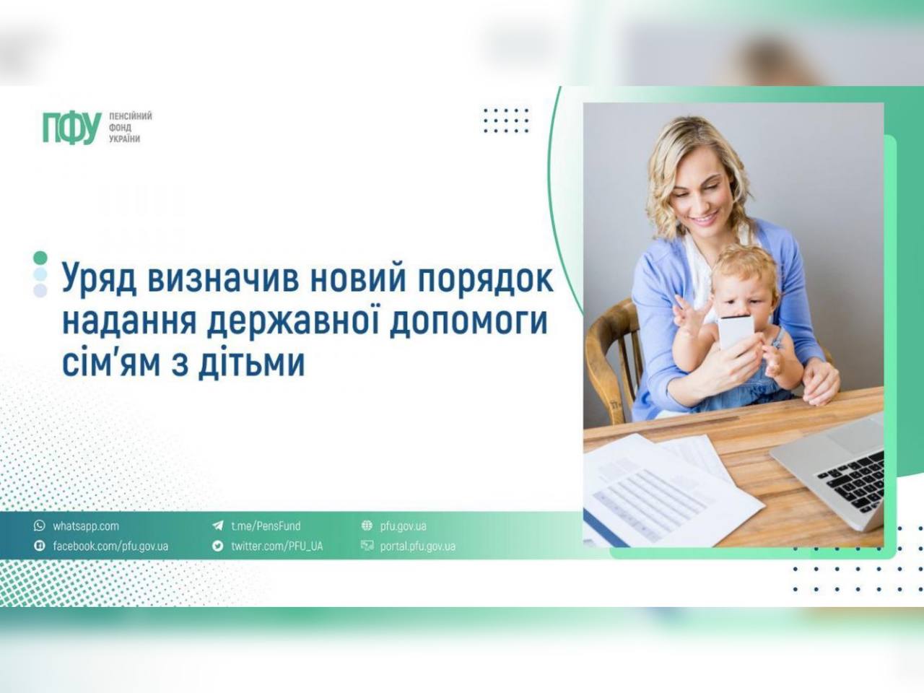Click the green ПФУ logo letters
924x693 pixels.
coord(71,128)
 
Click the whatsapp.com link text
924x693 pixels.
coord(85,526)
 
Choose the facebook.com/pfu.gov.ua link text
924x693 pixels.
coord(110,546)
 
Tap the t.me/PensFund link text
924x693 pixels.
coord(265,526)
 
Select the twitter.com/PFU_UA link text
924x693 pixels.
coord(276,546)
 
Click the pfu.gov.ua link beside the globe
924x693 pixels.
coord(403,526)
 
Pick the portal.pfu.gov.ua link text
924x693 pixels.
coord(417,546)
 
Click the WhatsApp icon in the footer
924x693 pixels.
coord(39,526)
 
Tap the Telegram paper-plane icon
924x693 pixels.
coord(217,526)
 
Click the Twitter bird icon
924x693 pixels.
coord(217,546)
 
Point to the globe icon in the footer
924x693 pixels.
coord(367,526)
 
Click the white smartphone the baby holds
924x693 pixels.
coord(736,333)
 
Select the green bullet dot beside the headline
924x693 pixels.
coord(40,258)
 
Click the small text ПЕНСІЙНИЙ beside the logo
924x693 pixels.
coord(130,116)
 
